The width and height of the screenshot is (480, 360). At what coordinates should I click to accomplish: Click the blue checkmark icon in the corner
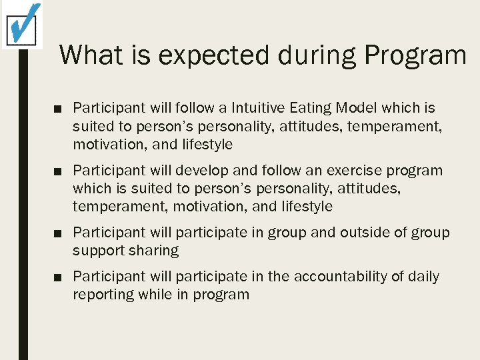coord(22,23)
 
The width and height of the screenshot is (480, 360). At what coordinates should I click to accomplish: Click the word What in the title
coord(93,55)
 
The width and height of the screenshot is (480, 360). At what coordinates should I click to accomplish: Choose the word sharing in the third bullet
coord(154,251)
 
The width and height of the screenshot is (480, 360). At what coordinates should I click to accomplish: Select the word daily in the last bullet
coord(424,277)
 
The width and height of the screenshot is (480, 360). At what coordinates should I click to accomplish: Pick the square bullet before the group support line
coord(59,233)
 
